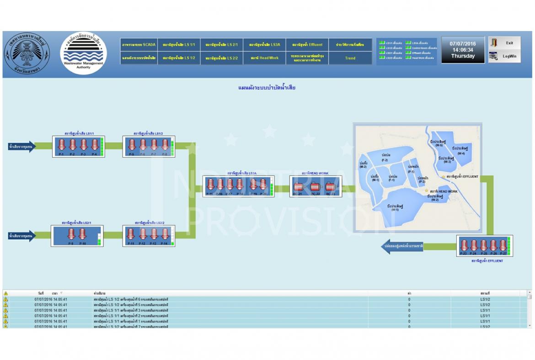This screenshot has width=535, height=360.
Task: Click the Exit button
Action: pyautogui.click(x=504, y=43)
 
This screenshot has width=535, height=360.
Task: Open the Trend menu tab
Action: pyautogui.click(x=350, y=58)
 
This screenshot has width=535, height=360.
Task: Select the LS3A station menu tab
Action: pyautogui.click(x=264, y=45)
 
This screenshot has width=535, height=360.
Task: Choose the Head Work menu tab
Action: pyautogui.click(x=264, y=58)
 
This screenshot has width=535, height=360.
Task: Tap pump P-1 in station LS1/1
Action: pyautogui.click(x=61, y=145)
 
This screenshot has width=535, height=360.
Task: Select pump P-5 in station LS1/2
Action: pyautogui.click(x=132, y=145)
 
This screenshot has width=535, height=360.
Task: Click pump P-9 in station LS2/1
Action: pyautogui.click(x=71, y=234)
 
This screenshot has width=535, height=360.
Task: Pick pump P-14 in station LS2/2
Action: pyautogui.click(x=165, y=234)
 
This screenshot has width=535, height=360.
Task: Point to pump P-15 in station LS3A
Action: pyautogui.click(x=210, y=185)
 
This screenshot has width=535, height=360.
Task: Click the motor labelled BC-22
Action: pyautogui.click(x=316, y=187)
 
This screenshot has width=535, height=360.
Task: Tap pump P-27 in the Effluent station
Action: pyautogui.click(x=503, y=245)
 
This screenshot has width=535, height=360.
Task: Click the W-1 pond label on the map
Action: pyautogui.click(x=395, y=208)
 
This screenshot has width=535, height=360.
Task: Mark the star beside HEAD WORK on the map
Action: pyautogui.click(x=427, y=191)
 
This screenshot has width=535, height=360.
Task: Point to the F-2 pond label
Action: pyautogui.click(x=385, y=158)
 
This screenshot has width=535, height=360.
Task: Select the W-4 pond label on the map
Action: pyautogui.click(x=460, y=151)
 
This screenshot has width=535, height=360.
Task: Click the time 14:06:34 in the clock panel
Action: pyautogui.click(x=463, y=50)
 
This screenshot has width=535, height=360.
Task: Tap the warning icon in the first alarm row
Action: pyautogui.click(x=5, y=299)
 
